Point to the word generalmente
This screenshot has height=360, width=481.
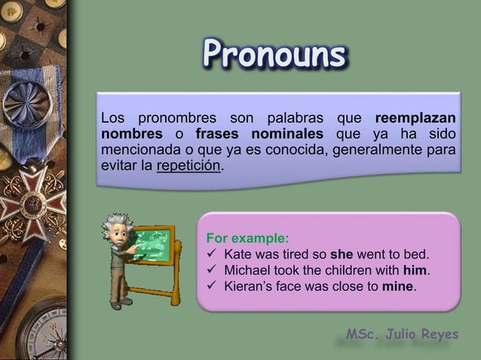pyautogui.click(x=363, y=150)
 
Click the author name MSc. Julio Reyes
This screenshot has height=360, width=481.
pyautogui.click(x=401, y=334)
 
